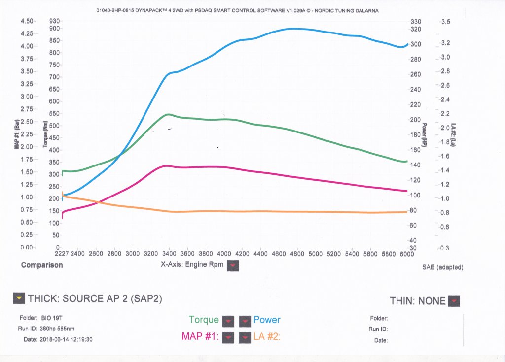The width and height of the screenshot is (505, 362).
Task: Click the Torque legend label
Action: pos(204,320)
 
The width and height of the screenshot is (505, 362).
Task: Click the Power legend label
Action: pos(267,320)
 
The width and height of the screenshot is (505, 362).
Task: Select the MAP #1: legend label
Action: pos(199,337)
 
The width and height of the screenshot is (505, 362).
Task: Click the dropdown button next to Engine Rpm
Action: pos(234,265)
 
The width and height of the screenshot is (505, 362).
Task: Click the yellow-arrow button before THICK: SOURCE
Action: pos(19,298)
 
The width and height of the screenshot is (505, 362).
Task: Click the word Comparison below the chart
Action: pos(42,265)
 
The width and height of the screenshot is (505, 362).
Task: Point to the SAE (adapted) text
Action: pos(443,267)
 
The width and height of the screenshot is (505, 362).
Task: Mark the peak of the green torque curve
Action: pos(169,114)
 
